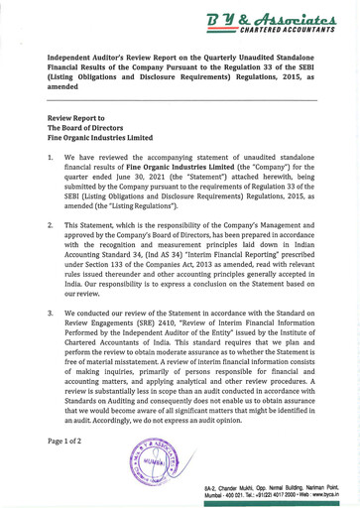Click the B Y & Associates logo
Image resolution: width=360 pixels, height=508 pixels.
pyautogui.click(x=279, y=16)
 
